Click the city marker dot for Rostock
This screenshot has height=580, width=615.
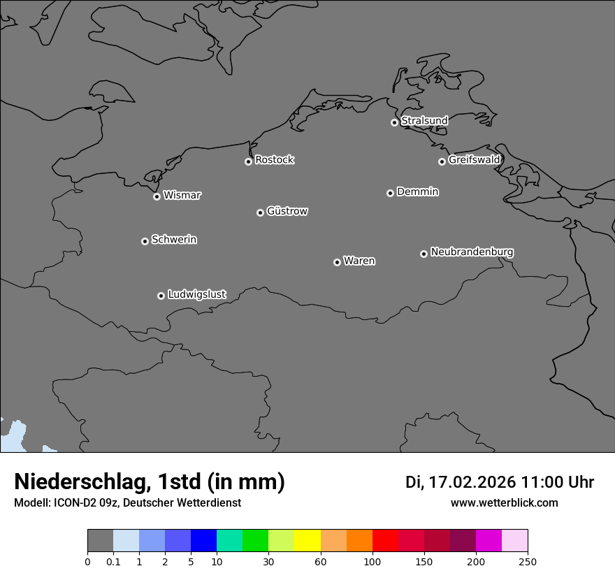tap(248, 161)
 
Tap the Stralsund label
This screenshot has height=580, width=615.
tap(424, 121)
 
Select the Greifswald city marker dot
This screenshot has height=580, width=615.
tap(442, 161)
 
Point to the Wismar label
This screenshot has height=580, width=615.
tap(182, 196)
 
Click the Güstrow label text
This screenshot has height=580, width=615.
tap(287, 211)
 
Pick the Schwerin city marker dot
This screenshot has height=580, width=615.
tap(145, 241)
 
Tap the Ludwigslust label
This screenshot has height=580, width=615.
tap(196, 295)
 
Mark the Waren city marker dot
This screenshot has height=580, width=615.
tap(337, 262)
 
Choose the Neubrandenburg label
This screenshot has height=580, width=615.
tap(472, 252)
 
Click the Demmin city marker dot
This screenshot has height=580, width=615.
tap(390, 193)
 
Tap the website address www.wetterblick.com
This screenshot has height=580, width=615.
tap(504, 503)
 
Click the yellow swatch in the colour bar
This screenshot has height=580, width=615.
tap(307, 541)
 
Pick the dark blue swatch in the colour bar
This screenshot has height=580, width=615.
tap(203, 541)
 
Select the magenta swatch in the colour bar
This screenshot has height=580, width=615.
tap(489, 541)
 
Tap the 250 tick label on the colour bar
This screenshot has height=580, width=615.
tap(528, 562)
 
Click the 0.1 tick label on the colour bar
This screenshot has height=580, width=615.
tap(113, 562)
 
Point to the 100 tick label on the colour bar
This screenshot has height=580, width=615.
tap(372, 562)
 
